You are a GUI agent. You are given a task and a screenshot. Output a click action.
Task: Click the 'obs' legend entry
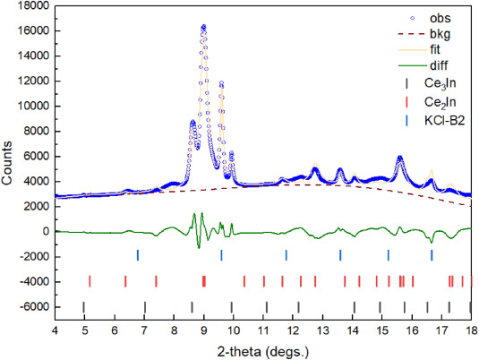click(x=441, y=17)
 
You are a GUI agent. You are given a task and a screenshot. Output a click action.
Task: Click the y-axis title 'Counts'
click(x=7, y=168)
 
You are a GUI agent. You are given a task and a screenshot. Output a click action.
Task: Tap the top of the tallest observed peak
click(x=203, y=27)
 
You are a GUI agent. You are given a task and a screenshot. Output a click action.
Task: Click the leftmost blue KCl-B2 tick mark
click(x=138, y=255)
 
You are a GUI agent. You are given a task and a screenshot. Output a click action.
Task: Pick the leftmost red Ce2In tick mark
click(x=90, y=281)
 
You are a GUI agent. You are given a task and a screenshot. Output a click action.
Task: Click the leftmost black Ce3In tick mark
click(x=83, y=307)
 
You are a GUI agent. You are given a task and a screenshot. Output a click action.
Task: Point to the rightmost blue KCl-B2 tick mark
click(x=432, y=255)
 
